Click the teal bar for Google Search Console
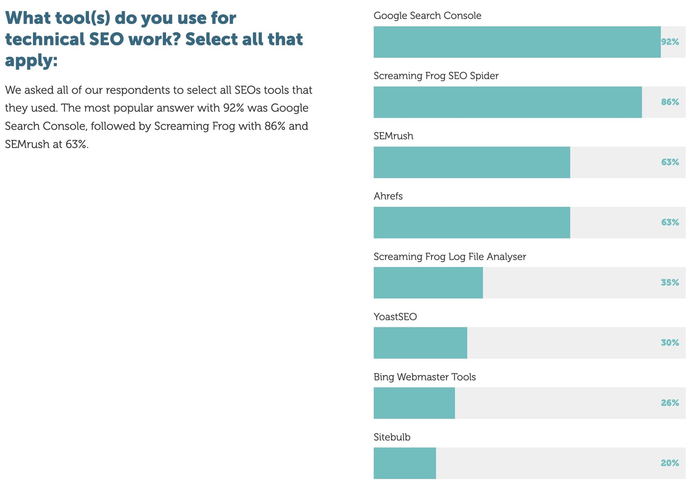click(517, 42)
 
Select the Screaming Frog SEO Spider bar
click(507, 102)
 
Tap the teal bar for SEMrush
click(471, 162)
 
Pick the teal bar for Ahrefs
click(471, 223)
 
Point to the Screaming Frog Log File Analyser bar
click(428, 283)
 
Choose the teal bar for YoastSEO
click(420, 343)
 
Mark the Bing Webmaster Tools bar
click(414, 403)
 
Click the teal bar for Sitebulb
click(404, 463)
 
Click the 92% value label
click(670, 42)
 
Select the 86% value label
click(670, 102)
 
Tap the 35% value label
click(670, 283)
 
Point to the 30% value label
click(670, 343)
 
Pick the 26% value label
click(670, 403)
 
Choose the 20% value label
click(670, 463)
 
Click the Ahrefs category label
click(388, 196)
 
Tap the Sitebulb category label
click(392, 437)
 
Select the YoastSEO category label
click(395, 317)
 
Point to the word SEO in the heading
click(106, 39)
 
